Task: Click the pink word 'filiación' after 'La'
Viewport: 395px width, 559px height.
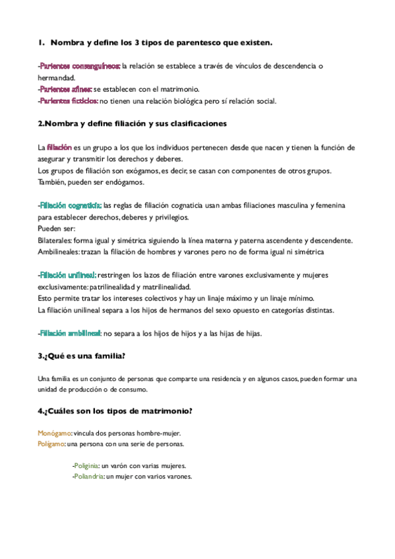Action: [x=59, y=148]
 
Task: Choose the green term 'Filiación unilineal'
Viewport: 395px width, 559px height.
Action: [x=68, y=275]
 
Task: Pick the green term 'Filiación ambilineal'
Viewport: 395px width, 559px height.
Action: [x=69, y=333]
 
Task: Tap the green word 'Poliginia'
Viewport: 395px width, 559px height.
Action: [x=86, y=465]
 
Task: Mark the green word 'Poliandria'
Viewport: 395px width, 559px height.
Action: [x=88, y=477]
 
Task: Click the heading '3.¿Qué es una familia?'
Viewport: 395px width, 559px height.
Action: [x=82, y=356]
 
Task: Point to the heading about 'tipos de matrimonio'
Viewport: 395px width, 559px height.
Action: [x=115, y=412]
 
